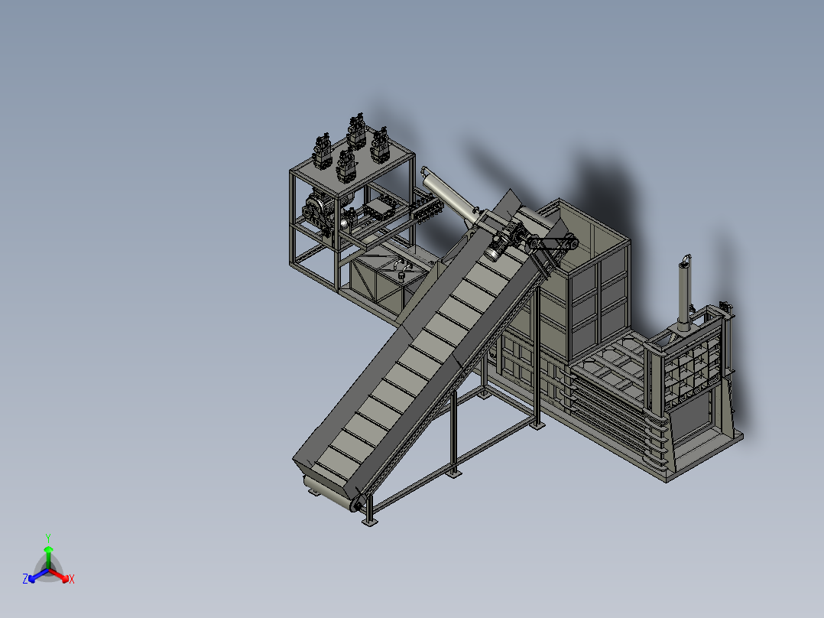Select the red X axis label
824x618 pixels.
[x=72, y=579]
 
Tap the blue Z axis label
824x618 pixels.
[x=25, y=578]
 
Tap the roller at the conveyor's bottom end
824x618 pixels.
[x=332, y=493]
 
